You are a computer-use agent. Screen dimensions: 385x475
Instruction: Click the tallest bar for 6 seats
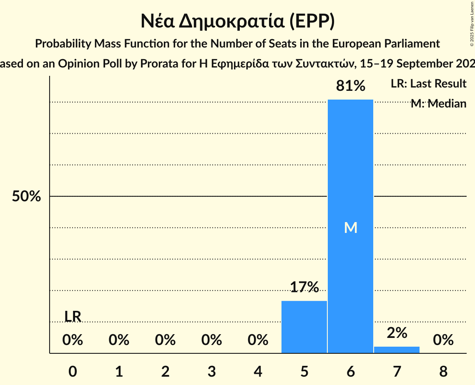point(350,167)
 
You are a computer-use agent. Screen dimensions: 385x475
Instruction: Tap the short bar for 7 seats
point(397,350)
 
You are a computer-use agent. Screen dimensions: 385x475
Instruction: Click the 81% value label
point(351,86)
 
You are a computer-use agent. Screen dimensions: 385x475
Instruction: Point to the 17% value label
point(304,287)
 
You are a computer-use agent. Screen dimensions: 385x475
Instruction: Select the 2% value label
point(397,332)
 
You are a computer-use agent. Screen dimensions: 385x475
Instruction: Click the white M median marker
point(351,227)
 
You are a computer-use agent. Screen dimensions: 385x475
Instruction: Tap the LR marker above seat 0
point(73,316)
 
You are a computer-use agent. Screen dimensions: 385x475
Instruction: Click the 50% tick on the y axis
point(26,196)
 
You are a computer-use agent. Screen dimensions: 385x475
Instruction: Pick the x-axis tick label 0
point(73,371)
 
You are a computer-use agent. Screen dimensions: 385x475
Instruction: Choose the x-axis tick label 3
point(211,371)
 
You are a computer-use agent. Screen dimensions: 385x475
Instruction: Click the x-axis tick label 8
point(443,371)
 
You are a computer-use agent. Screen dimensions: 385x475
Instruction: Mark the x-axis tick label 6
point(351,371)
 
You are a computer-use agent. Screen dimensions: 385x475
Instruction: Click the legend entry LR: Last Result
point(428,84)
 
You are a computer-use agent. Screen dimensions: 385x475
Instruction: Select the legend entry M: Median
point(438,104)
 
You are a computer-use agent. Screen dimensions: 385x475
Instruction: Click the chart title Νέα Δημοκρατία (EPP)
point(237,22)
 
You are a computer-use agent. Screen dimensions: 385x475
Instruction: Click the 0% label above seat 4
point(258,340)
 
